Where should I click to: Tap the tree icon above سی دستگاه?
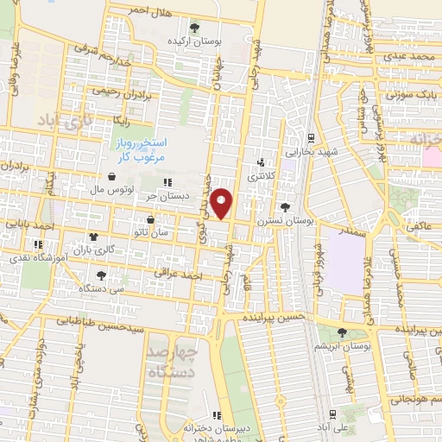click(x=102, y=275)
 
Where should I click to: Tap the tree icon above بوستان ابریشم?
click(x=343, y=332)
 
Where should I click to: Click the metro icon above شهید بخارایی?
click(x=311, y=137)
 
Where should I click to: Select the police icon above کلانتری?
click(x=262, y=161)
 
